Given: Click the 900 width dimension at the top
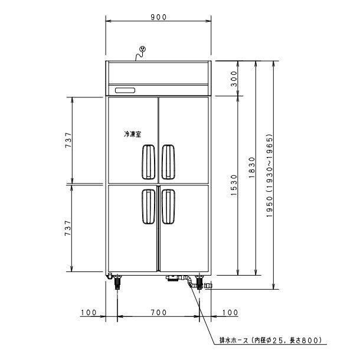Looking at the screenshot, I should [158, 17].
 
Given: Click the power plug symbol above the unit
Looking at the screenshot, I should [142, 50].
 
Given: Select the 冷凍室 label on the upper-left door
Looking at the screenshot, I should [132, 135].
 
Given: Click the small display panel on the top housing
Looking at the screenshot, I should [125, 90].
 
